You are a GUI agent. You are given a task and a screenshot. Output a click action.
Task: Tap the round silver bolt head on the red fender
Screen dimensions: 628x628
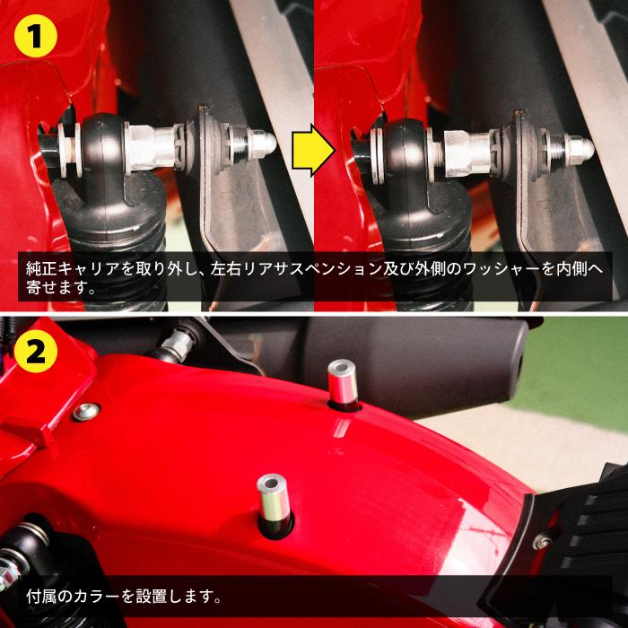click(88, 411)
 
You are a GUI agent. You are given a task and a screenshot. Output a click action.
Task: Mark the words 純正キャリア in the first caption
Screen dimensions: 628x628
click(69, 267)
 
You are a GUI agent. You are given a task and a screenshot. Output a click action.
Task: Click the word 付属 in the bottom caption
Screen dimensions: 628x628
click(41, 595)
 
